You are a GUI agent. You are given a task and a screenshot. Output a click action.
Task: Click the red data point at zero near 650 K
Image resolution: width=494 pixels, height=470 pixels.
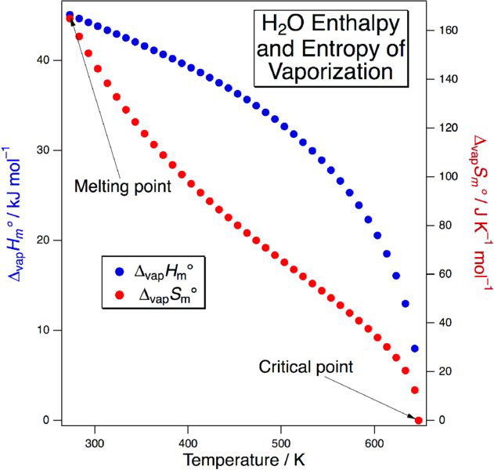[418, 421]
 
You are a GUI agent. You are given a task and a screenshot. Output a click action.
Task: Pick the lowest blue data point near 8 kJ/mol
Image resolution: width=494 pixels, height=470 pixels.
[414, 349]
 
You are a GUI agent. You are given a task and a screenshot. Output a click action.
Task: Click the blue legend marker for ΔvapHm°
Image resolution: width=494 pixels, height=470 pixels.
[119, 272]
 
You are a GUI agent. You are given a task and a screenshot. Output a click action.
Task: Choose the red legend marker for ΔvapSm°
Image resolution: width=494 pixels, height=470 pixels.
[119, 297]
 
